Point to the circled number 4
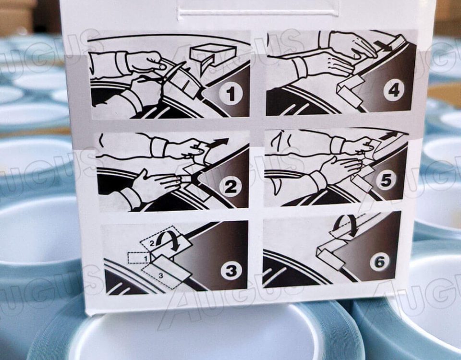point(394,91)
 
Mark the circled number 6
point(379,261)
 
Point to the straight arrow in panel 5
point(388,136)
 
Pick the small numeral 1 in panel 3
point(145,258)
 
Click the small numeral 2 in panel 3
point(152,243)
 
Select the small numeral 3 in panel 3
point(161,276)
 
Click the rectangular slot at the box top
point(257,12)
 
